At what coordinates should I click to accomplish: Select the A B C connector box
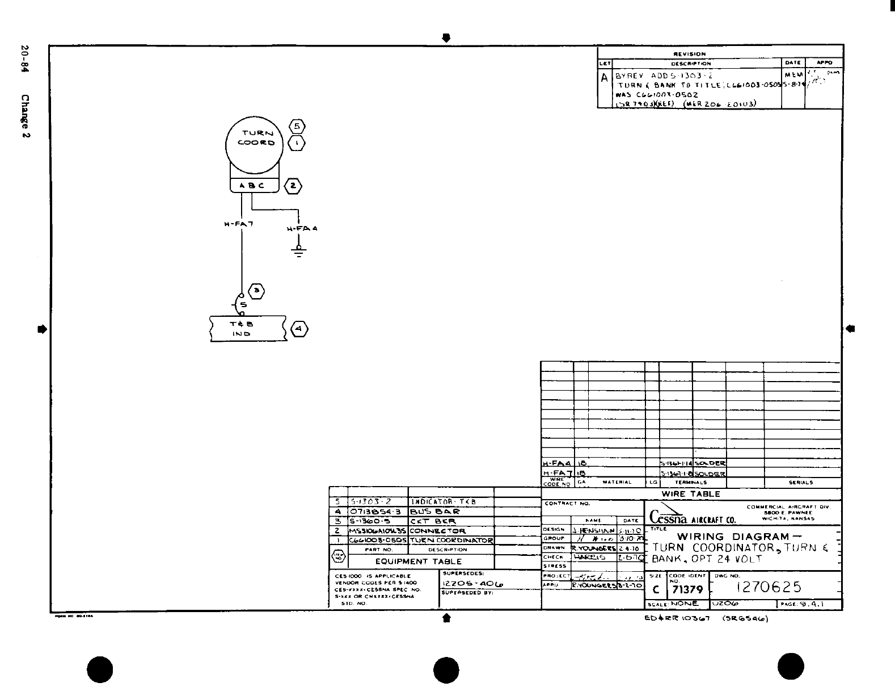tap(254, 186)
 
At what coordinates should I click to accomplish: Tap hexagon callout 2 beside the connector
tap(293, 186)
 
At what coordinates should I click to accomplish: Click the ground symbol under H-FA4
tap(298, 252)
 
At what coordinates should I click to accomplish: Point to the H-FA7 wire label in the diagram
tap(239, 224)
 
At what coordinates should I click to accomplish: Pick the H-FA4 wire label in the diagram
tap(302, 229)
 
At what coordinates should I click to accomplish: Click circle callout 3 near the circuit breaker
tap(257, 291)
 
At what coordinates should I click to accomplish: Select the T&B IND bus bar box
tap(248, 329)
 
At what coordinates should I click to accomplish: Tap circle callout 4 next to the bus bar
tap(299, 329)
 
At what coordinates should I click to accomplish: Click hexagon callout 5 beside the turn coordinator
tap(297, 126)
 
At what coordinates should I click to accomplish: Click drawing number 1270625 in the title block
tap(769, 587)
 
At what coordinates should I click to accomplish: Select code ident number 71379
tap(687, 590)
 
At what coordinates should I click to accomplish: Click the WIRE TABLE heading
tap(690, 494)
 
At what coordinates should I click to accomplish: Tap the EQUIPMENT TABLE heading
tap(419, 561)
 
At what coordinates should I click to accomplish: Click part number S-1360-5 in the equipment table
tap(370, 521)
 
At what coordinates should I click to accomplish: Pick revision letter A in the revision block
tap(605, 78)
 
